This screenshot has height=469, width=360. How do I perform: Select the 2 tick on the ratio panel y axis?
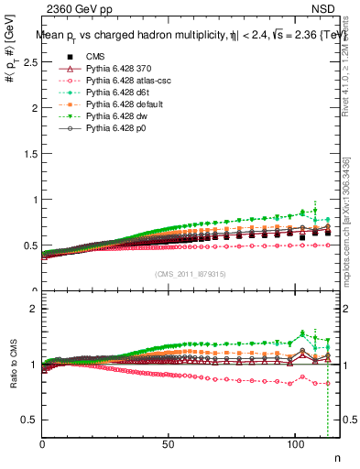point(36,309)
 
